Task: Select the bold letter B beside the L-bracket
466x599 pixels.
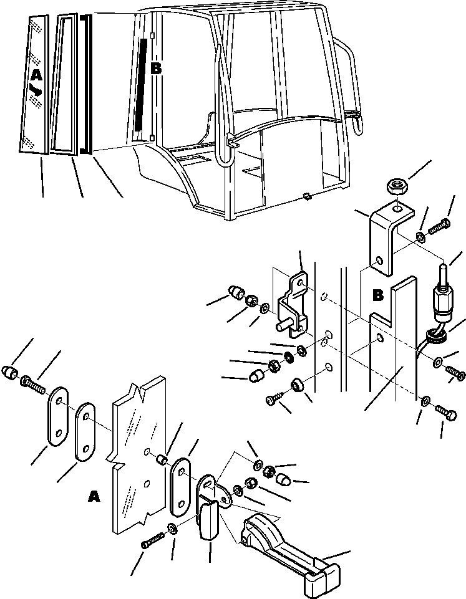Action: coord(378,295)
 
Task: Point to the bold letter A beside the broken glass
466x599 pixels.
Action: coord(94,496)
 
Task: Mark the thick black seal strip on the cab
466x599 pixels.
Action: coord(138,84)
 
